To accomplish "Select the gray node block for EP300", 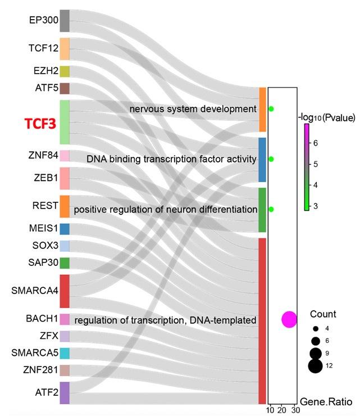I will (65, 20).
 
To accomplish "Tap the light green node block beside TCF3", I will (65, 122).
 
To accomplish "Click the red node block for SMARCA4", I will (65, 291).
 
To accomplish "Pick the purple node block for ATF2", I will (65, 393).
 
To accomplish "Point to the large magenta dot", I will (289, 319).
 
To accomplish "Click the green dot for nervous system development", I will (271, 108).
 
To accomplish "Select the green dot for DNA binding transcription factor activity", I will (271, 159).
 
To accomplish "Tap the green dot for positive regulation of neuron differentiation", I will (271, 209).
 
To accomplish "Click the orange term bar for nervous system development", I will (262, 110).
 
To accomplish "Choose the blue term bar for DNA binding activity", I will (262, 159).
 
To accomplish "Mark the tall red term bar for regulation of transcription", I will (262, 320).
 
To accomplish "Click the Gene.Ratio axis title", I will (326, 402).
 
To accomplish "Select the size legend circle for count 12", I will (315, 367).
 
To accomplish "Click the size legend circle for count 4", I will (315, 328).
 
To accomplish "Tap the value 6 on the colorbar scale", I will (316, 143).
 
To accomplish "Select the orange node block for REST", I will (65, 206).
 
